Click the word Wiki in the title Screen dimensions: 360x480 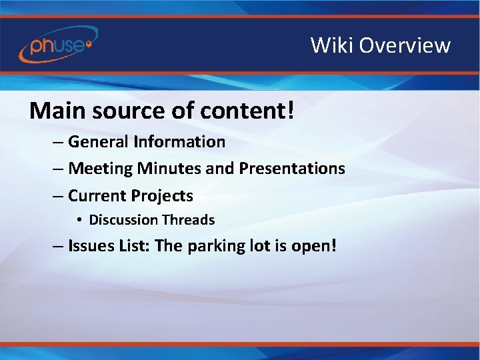click(331, 45)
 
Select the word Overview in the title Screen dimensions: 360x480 click(405, 45)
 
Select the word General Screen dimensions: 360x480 click(98, 142)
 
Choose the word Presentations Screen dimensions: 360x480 click(292, 169)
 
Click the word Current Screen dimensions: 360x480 click(97, 196)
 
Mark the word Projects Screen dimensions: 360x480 click(162, 196)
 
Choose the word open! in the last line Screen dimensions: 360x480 click(314, 247)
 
